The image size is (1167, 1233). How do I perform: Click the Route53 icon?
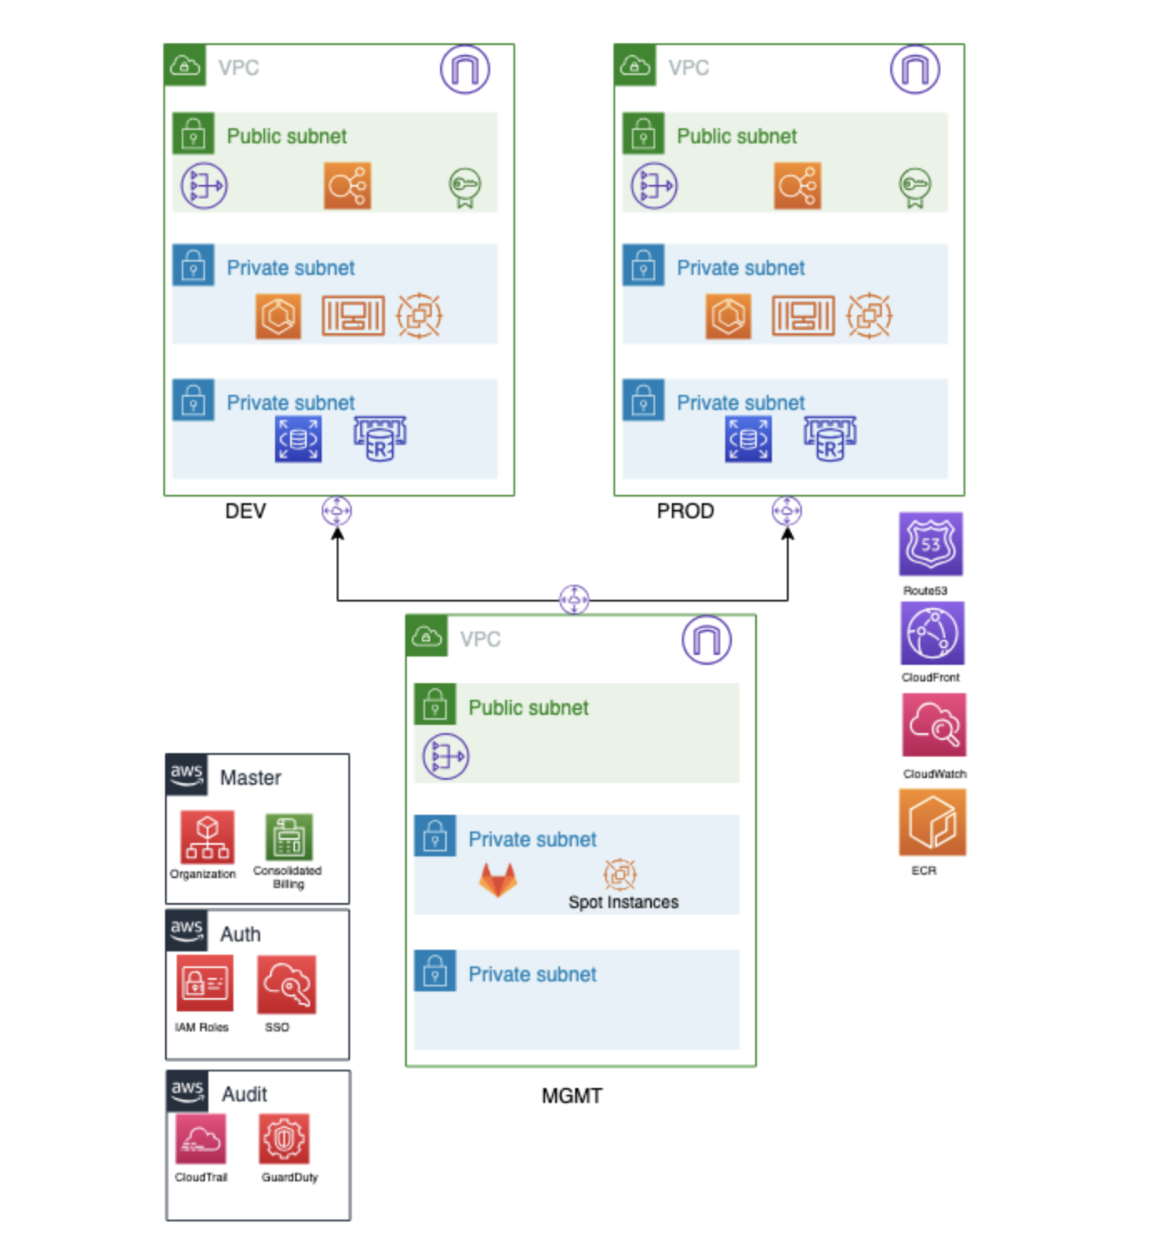[x=930, y=544]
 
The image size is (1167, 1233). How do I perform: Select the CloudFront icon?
[x=932, y=634]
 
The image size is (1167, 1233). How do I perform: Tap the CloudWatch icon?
[x=934, y=725]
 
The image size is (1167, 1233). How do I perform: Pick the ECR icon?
[x=932, y=823]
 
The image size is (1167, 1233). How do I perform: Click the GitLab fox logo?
[x=498, y=880]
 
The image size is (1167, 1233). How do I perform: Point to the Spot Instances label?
[x=623, y=902]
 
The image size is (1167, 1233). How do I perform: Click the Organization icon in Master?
[x=207, y=836]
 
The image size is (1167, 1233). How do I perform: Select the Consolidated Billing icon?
[x=289, y=836]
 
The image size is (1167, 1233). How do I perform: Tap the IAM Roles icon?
[x=204, y=983]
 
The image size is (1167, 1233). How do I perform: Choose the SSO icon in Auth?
[x=286, y=984]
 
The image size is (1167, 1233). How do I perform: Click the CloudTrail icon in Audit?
[x=201, y=1139]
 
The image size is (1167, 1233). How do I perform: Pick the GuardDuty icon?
[x=284, y=1139]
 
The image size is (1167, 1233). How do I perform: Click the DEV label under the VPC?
[x=245, y=511]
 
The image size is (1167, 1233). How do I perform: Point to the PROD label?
[x=685, y=511]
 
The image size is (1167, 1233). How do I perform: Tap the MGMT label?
[x=572, y=1096]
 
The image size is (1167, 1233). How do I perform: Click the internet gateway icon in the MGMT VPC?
[x=706, y=640]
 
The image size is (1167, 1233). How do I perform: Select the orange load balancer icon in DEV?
[x=348, y=186]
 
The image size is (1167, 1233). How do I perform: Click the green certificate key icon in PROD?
[x=914, y=187]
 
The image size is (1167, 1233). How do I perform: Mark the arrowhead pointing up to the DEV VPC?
[x=337, y=534]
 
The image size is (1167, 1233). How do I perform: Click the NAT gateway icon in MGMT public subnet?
[x=446, y=756]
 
